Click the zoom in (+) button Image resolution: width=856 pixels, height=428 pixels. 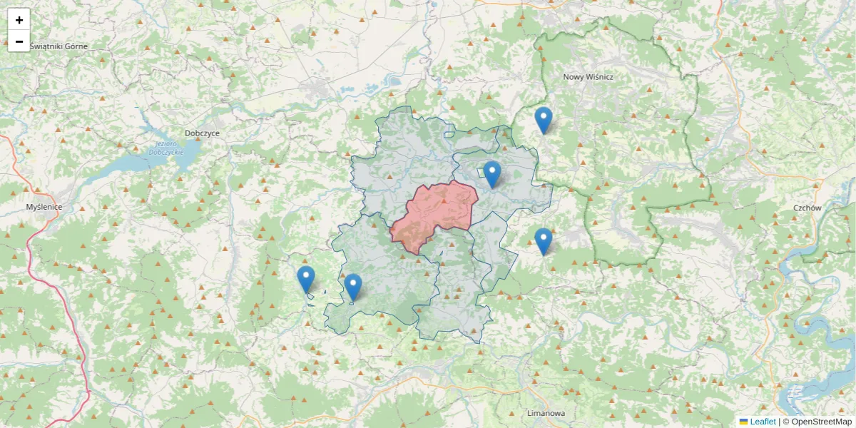(x=19, y=20)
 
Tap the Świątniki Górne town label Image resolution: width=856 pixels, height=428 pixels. (x=58, y=46)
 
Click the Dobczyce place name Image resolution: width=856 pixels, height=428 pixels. (x=202, y=133)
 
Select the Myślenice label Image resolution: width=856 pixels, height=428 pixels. (x=44, y=207)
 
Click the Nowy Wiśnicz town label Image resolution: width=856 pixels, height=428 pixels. (x=588, y=76)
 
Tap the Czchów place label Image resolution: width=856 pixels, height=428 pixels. (x=807, y=208)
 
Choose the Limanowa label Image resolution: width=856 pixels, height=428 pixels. (x=545, y=414)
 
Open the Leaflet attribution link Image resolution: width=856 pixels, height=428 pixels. (x=763, y=422)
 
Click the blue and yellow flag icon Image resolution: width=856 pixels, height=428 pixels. (x=743, y=422)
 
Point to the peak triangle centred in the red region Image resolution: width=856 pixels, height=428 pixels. (x=444, y=201)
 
